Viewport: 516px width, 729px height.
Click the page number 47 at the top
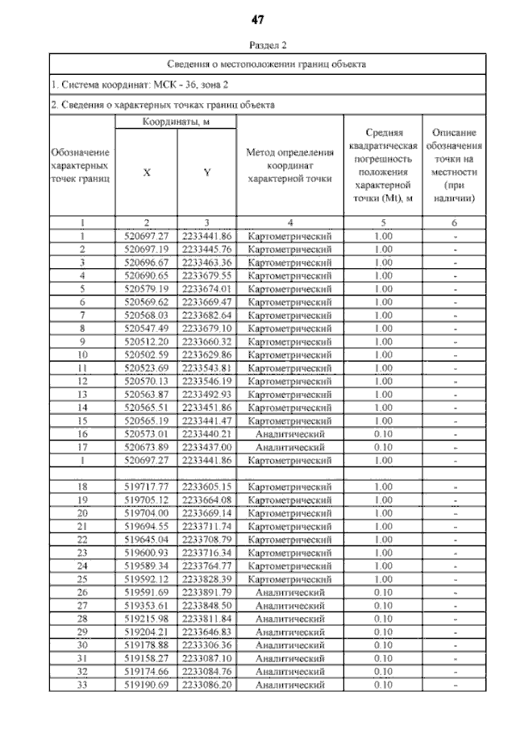click(x=258, y=19)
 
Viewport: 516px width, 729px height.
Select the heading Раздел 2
click(x=258, y=46)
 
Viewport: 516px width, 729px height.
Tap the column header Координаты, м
click(x=176, y=121)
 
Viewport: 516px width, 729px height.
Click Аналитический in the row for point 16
click(x=289, y=433)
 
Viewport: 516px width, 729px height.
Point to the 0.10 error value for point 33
click(x=382, y=686)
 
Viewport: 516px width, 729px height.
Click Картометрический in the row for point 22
click(x=289, y=540)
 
